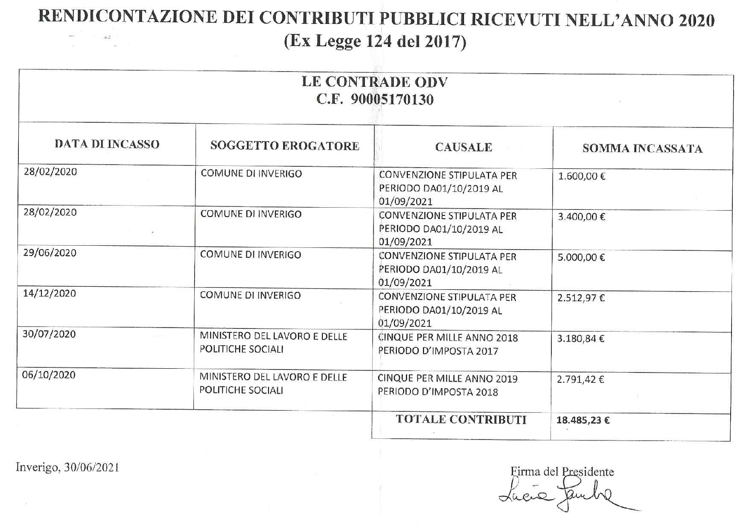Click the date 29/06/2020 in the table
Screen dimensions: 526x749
[x=50, y=253]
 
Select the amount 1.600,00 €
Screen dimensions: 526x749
[x=582, y=176]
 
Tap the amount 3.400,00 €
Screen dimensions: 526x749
[x=581, y=217]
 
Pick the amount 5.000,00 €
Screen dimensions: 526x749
[x=581, y=257]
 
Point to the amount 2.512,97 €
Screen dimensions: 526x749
[x=581, y=298]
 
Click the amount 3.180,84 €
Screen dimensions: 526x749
[x=580, y=339]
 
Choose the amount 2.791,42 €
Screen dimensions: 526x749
[x=580, y=379]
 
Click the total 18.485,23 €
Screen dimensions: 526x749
[x=583, y=420]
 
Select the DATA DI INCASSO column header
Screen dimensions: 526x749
[x=107, y=144]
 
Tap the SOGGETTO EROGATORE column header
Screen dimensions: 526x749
[x=284, y=146]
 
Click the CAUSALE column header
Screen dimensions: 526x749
[x=463, y=147]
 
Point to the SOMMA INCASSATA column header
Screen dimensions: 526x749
[x=642, y=148]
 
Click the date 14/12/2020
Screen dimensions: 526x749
[x=50, y=293]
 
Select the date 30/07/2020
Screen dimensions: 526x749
[x=49, y=334]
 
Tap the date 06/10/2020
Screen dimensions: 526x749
[x=49, y=375]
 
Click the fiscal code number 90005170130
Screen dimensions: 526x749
[x=392, y=100]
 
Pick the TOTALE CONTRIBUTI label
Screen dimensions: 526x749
[x=461, y=419]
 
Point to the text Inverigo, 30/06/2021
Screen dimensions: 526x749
[x=67, y=467]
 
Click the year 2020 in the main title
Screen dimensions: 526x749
[x=696, y=19]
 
